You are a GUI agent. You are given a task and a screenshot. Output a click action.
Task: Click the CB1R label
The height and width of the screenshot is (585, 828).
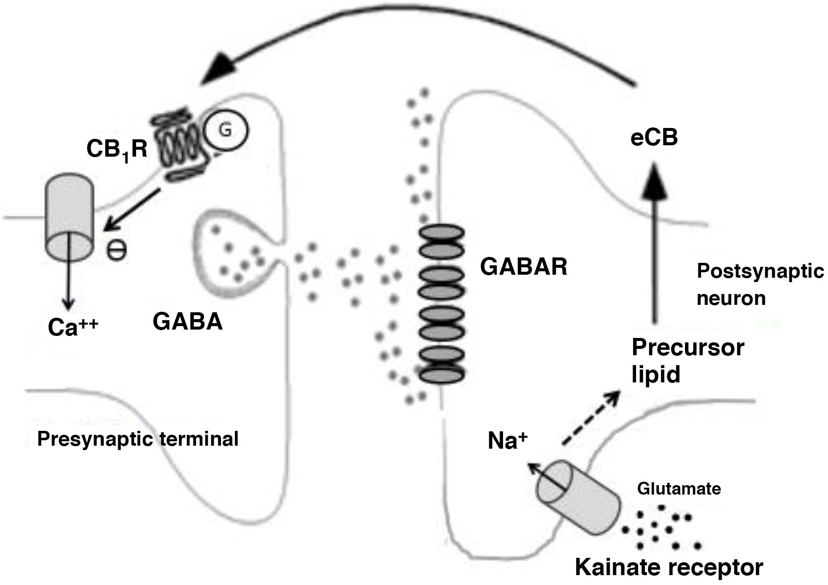pos(117,149)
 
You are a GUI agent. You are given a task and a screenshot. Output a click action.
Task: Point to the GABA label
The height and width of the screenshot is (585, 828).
pos(187,322)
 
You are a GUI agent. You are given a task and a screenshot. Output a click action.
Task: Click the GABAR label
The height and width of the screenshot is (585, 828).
pos(523,267)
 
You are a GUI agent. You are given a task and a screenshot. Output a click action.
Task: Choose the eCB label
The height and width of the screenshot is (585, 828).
pos(653,138)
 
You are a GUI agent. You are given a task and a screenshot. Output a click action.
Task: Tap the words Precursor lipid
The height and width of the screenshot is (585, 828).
pos(687,361)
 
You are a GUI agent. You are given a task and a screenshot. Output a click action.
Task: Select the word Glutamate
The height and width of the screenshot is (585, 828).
pos(679,489)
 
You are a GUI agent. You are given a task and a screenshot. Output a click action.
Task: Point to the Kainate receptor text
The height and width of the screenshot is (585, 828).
pos(669,567)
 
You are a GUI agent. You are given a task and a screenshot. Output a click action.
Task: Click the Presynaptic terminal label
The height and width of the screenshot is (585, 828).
pos(138,439)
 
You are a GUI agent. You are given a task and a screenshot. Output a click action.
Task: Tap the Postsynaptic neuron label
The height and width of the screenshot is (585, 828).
pos(759,284)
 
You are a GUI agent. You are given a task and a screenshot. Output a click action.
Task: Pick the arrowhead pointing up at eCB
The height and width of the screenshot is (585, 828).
pos(654,180)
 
